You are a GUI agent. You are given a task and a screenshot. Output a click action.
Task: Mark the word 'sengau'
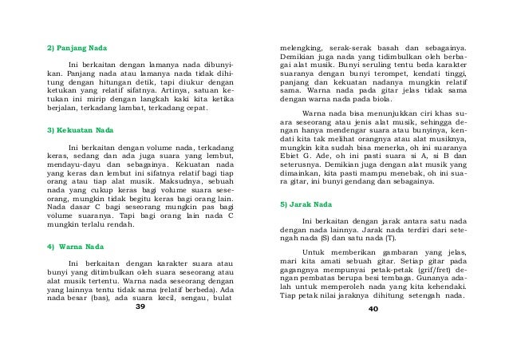pos(189,299)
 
